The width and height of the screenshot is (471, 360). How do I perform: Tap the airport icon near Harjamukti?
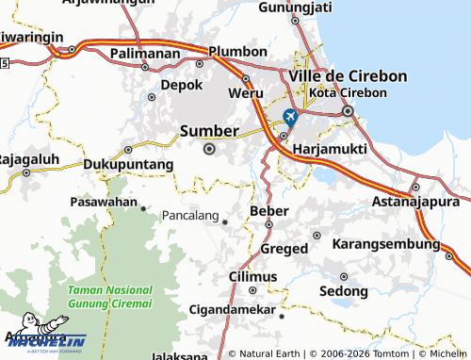tap(289, 117)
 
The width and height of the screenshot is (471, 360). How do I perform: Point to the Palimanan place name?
tap(145, 53)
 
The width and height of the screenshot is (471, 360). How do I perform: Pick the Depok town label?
tap(182, 84)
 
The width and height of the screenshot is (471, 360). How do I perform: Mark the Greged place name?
tap(284, 248)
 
